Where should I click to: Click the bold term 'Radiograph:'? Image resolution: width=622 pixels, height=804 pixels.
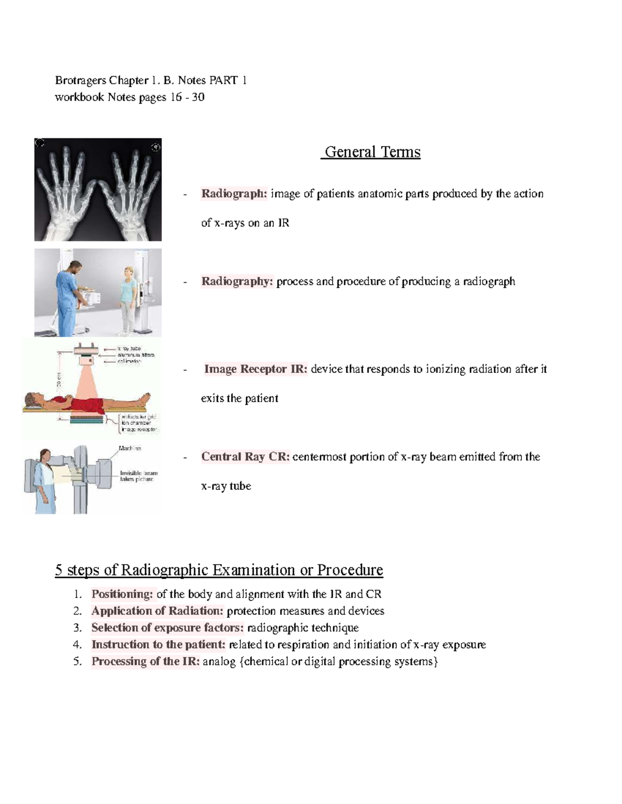(234, 194)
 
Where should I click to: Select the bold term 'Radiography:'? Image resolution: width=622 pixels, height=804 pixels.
(237, 282)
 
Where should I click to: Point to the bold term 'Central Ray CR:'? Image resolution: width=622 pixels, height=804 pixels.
(245, 457)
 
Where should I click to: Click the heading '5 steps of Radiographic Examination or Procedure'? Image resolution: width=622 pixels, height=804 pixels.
(219, 570)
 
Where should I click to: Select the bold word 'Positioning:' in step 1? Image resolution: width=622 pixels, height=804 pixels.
(122, 594)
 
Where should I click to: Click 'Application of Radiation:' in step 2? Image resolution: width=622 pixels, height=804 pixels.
(157, 611)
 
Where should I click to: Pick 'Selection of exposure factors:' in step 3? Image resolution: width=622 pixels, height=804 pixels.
(167, 628)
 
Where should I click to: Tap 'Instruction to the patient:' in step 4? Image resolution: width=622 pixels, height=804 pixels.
(159, 645)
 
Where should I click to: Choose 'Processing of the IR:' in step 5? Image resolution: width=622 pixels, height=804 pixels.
(145, 662)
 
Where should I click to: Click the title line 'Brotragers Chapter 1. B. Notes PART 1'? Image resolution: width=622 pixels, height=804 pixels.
(151, 80)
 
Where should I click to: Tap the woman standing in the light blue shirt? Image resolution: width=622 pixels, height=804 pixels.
(128, 298)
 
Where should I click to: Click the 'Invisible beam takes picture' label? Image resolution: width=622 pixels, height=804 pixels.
(138, 476)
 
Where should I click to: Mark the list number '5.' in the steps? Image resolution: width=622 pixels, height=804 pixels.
(77, 662)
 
